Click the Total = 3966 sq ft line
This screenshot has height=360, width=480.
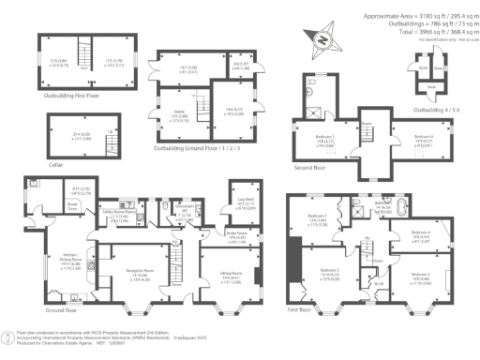[432, 31]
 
